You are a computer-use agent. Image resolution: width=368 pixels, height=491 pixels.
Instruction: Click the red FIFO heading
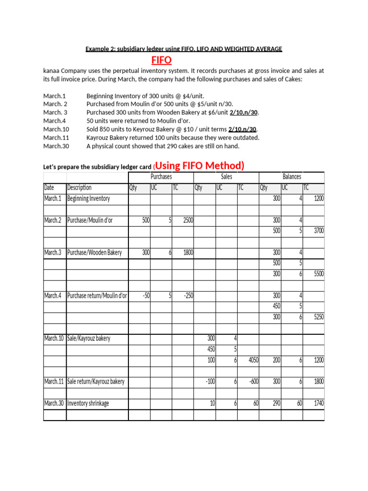(161, 60)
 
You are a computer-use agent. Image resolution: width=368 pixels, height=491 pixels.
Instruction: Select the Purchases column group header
(161, 177)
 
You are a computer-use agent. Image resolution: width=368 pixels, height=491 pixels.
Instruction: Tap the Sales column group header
(226, 177)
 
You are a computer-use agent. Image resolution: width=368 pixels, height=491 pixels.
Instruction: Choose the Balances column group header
(292, 177)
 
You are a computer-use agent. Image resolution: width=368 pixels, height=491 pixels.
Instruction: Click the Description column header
(80, 188)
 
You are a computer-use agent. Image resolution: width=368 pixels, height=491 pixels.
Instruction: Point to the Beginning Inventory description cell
(89, 199)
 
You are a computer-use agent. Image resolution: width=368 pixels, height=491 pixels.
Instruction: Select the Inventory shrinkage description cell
(88, 404)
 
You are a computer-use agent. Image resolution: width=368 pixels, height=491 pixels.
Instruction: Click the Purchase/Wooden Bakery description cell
(95, 253)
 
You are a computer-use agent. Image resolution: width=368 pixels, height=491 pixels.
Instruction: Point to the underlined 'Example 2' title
(184, 49)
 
